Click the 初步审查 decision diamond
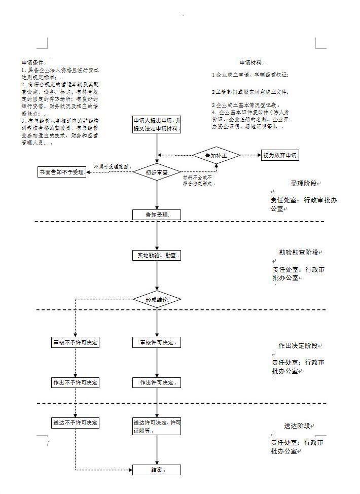157,172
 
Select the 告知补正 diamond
215,156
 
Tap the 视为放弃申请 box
279,156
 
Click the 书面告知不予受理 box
62,172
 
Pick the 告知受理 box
157,215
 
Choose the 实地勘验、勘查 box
157,255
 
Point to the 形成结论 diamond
157,300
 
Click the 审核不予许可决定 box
76,342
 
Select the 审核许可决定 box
157,342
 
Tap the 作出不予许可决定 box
76,382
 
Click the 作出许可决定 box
157,382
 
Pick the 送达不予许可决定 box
76,422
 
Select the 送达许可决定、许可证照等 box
157,427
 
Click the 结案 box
157,470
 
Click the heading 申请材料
250,62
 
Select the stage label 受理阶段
304,183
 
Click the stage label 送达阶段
297,426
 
